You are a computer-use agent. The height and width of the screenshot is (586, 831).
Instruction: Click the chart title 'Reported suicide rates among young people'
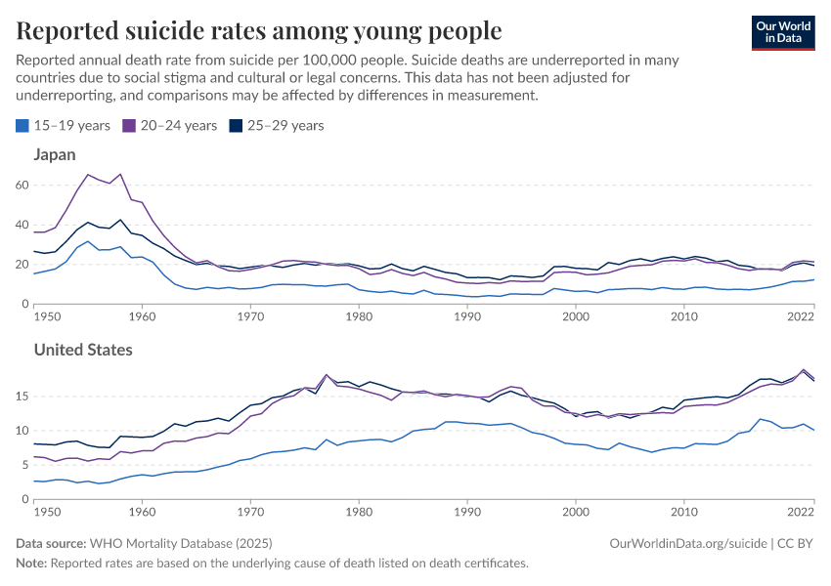[x=259, y=31]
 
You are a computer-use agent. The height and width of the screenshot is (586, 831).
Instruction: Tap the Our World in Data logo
[x=782, y=31]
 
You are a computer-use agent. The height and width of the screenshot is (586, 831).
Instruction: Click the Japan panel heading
[x=55, y=154]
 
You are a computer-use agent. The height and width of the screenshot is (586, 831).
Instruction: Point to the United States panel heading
[x=83, y=349]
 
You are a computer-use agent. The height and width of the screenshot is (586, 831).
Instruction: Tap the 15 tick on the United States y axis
[x=23, y=396]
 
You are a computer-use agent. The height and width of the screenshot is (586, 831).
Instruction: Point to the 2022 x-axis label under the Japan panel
[x=801, y=316]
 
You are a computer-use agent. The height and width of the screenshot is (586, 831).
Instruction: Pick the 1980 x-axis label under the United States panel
[x=359, y=511]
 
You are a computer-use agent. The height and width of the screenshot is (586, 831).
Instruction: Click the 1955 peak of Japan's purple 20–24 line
[x=88, y=175]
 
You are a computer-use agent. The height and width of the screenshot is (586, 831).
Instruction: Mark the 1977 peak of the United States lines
[x=327, y=374]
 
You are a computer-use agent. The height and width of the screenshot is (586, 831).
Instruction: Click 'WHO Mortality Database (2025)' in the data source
[x=181, y=543]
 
